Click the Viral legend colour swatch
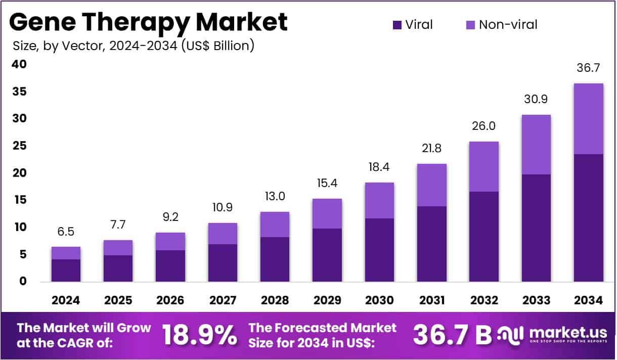397,24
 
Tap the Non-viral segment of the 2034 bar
588,119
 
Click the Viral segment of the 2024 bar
66,270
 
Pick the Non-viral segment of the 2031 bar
431,185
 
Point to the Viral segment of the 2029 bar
327,255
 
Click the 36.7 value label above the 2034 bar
588,68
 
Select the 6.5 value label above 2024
66,232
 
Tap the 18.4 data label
379,167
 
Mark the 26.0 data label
484,126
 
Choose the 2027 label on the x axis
223,300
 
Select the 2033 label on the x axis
536,300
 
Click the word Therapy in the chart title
140,22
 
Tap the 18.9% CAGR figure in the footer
199,335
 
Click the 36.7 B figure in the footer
452,335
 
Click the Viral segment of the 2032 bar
484,237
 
